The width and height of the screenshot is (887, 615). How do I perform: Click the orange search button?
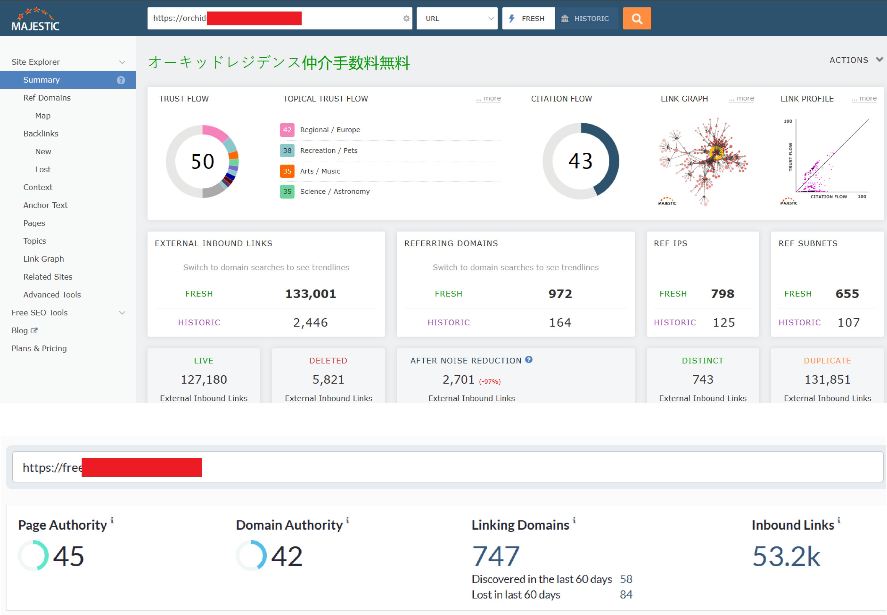pyautogui.click(x=637, y=19)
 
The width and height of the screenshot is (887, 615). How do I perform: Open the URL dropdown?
pyautogui.click(x=457, y=19)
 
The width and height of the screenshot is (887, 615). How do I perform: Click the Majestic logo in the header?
pyautogui.click(x=35, y=19)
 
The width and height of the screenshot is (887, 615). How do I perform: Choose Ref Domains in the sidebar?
pyautogui.click(x=47, y=98)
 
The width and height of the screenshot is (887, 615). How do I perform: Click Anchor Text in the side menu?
pyautogui.click(x=45, y=205)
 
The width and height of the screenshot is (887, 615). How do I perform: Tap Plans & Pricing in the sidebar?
pyautogui.click(x=39, y=348)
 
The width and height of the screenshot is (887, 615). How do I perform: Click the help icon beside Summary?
pyautogui.click(x=121, y=80)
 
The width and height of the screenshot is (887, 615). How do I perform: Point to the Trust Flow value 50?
pyautogui.click(x=202, y=161)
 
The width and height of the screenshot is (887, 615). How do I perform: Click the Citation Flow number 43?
pyautogui.click(x=580, y=161)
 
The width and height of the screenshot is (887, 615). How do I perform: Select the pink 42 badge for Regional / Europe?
pyautogui.click(x=287, y=130)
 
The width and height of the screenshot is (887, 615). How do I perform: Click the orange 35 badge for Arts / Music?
pyautogui.click(x=287, y=171)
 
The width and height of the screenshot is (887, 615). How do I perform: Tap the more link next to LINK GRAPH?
pyautogui.click(x=741, y=99)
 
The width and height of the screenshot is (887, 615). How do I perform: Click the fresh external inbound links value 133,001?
pyautogui.click(x=310, y=294)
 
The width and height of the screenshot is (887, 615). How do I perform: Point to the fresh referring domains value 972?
pyautogui.click(x=560, y=294)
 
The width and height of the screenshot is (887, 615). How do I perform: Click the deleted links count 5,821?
pyautogui.click(x=328, y=379)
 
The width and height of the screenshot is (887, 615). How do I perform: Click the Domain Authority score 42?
pyautogui.click(x=287, y=556)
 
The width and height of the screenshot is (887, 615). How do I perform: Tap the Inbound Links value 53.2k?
pyautogui.click(x=786, y=556)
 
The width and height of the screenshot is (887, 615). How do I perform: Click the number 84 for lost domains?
pyautogui.click(x=626, y=595)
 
